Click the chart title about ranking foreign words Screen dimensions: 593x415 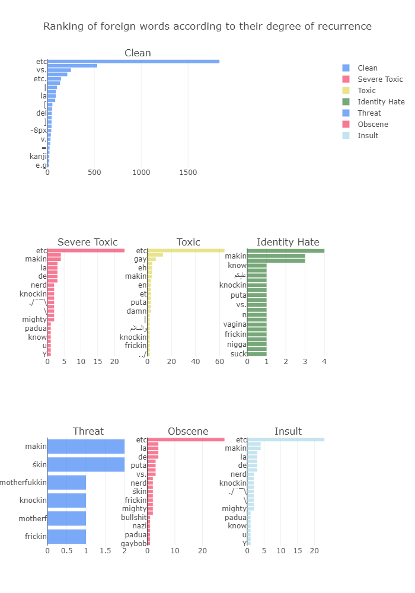coord(207,27)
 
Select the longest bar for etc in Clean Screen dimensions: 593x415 coord(133,61)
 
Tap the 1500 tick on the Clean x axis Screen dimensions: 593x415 coord(188,173)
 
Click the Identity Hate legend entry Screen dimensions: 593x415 coord(381,102)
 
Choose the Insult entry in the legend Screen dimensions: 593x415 coord(368,136)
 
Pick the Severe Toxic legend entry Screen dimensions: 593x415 coord(380,79)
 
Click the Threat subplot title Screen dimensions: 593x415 coord(88,431)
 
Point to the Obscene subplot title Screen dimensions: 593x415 coord(188,431)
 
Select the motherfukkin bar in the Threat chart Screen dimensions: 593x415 coord(66,482)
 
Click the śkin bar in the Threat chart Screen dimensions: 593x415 coord(85,464)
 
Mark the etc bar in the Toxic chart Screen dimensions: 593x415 coord(186,250)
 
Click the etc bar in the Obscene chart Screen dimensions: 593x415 coord(186,439)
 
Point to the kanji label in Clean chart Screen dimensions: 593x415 coord(38,157)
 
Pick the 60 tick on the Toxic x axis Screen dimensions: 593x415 coord(219,362)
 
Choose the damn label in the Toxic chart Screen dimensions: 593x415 coord(137,310)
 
